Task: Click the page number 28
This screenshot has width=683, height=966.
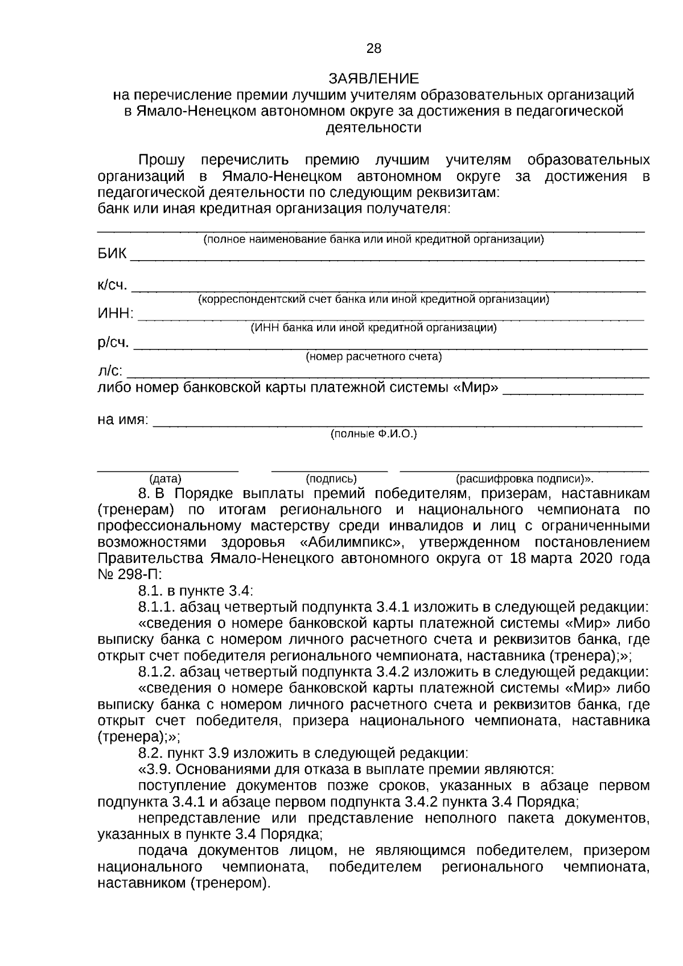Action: [x=374, y=49]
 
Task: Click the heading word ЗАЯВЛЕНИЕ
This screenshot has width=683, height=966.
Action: [x=373, y=79]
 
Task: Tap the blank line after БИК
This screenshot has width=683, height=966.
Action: [x=387, y=258]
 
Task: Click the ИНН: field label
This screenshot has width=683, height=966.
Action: [x=116, y=313]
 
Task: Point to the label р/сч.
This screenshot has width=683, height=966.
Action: [x=113, y=343]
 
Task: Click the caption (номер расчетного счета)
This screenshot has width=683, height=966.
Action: [x=373, y=357]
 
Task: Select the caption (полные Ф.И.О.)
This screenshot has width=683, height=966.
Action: [x=373, y=434]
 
